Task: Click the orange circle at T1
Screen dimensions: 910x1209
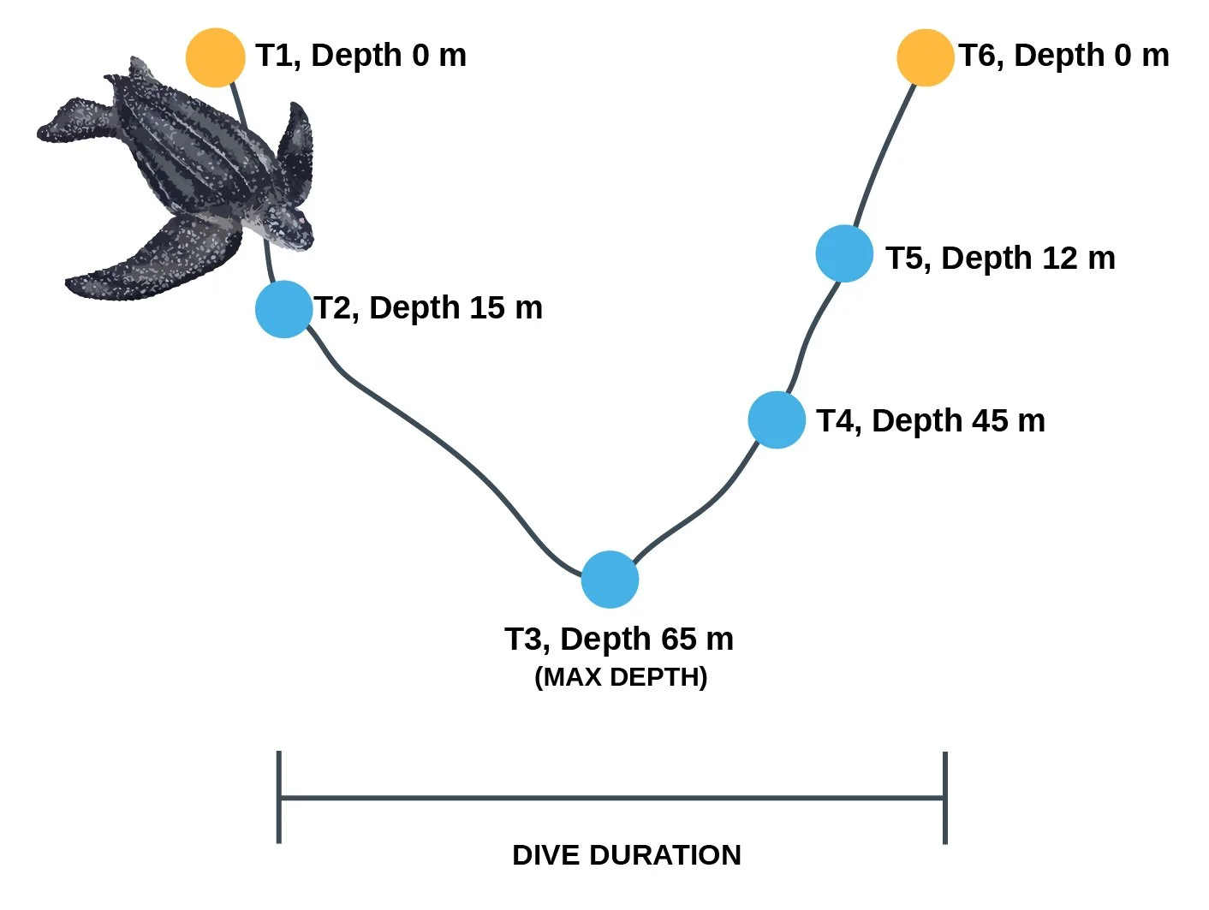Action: [215, 57]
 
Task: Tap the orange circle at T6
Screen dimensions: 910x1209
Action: [925, 57]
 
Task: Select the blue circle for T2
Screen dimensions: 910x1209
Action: [283, 309]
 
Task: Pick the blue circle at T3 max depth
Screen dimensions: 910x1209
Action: [610, 580]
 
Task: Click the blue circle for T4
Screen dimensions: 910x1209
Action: [777, 419]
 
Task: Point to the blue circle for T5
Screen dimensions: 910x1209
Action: [844, 253]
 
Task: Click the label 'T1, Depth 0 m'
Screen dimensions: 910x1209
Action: [361, 56]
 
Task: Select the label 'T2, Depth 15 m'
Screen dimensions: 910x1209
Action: [428, 308]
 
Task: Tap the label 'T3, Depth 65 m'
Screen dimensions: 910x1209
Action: [619, 639]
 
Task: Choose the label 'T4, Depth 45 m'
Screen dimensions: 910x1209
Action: [931, 421]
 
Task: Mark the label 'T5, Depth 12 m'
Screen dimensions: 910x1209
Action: [1000, 259]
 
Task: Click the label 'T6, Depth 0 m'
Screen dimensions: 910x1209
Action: [1063, 56]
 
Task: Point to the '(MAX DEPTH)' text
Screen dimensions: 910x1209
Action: [621, 677]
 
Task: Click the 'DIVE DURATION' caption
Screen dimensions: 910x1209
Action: [627, 855]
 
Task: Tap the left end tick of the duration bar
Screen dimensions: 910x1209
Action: [279, 797]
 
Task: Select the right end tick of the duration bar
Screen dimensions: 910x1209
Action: [944, 797]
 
